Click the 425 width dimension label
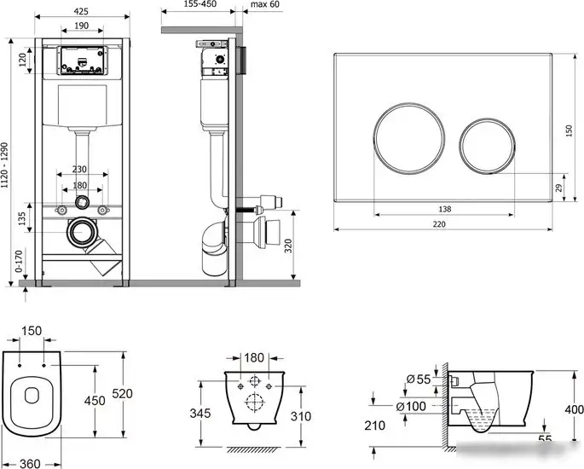[81, 11]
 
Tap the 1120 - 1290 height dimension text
[4, 171]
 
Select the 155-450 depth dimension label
[200, 4]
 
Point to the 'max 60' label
[265, 4]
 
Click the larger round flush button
[409, 138]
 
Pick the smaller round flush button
[487, 146]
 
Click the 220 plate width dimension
[439, 224]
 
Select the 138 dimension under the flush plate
[445, 209]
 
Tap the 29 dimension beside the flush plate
[558, 188]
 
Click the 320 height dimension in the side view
[288, 246]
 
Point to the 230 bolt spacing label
[79, 169]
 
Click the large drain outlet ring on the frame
[82, 232]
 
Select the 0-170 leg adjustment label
[19, 262]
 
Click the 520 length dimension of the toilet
[123, 393]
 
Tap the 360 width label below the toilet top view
[30, 463]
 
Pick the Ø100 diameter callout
[411, 407]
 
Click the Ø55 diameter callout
[419, 379]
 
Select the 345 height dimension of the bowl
[200, 413]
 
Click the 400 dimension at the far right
[574, 409]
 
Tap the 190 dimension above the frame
[82, 26]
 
